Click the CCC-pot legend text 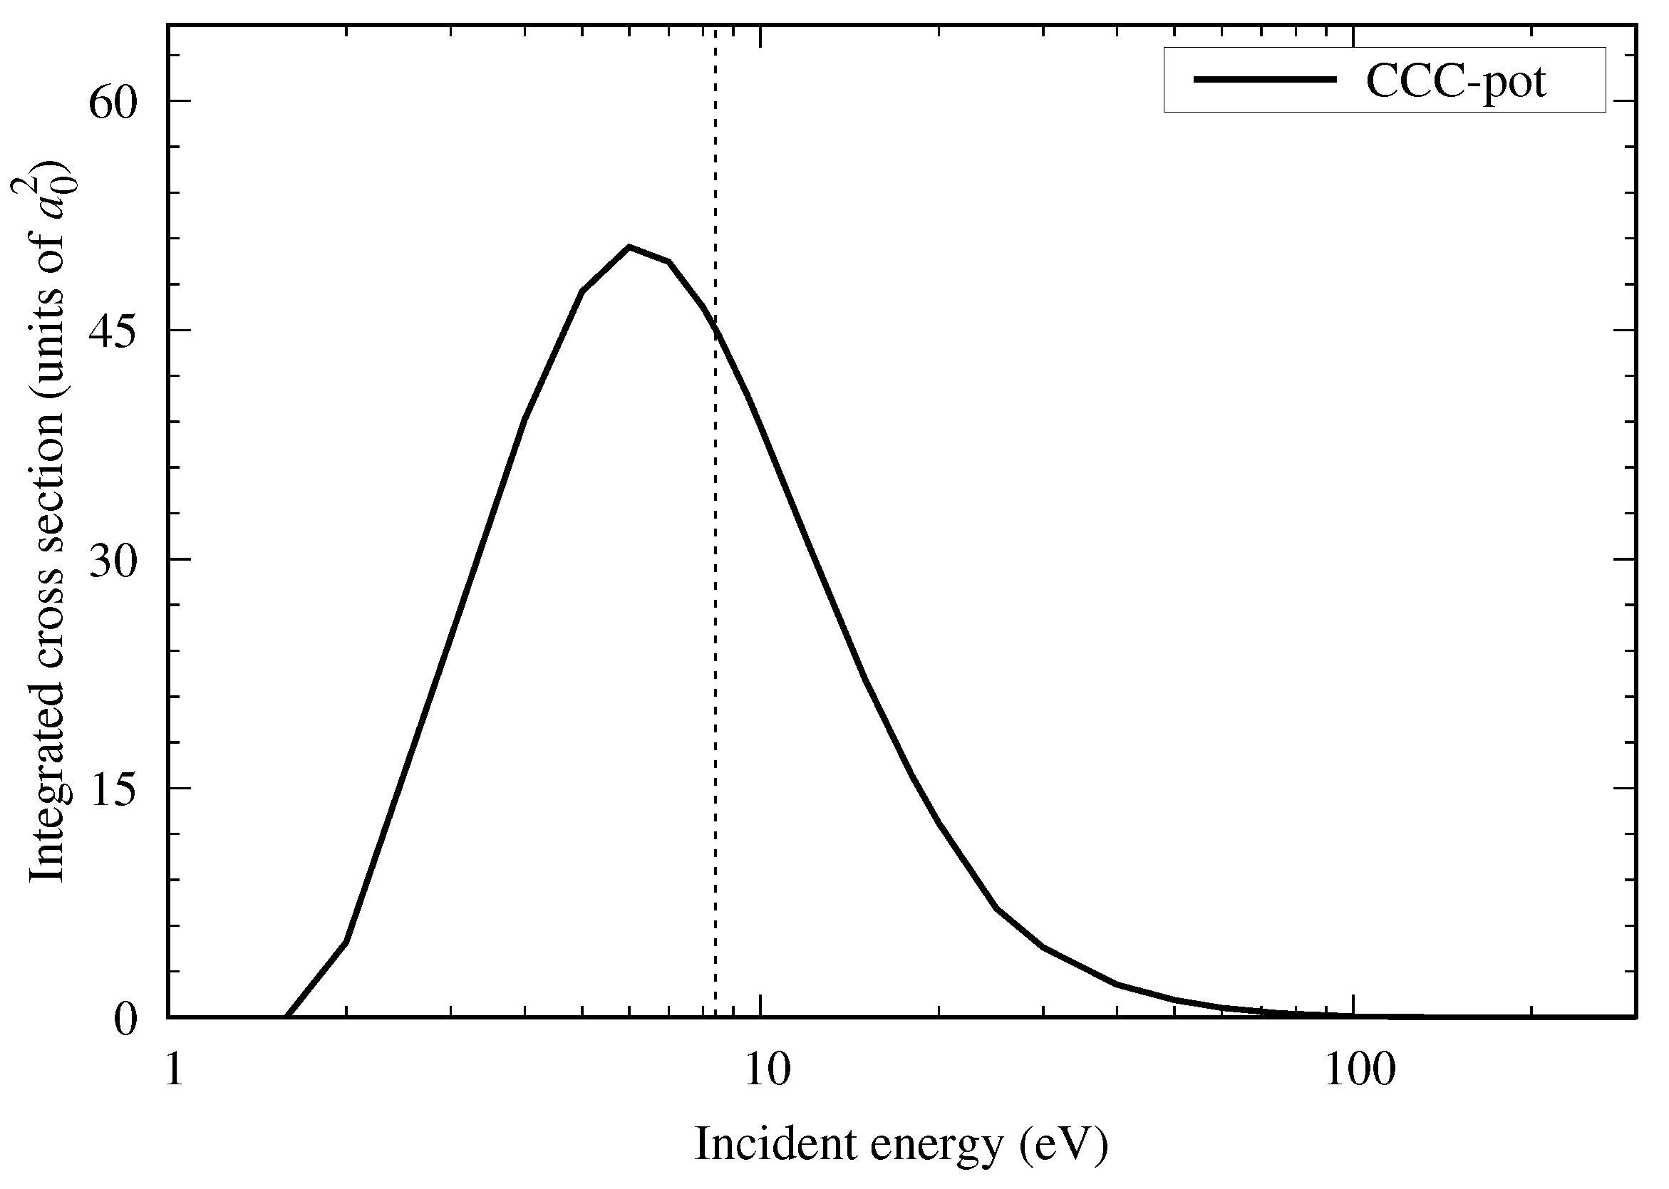1455,81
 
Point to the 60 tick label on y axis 113,102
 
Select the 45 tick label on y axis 113,331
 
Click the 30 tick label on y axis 113,560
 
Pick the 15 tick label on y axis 113,789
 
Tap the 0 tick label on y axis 126,1019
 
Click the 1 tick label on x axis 173,1071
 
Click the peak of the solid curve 629,246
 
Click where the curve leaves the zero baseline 287,1016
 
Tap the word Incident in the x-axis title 775,1143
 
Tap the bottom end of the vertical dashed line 715,1014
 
